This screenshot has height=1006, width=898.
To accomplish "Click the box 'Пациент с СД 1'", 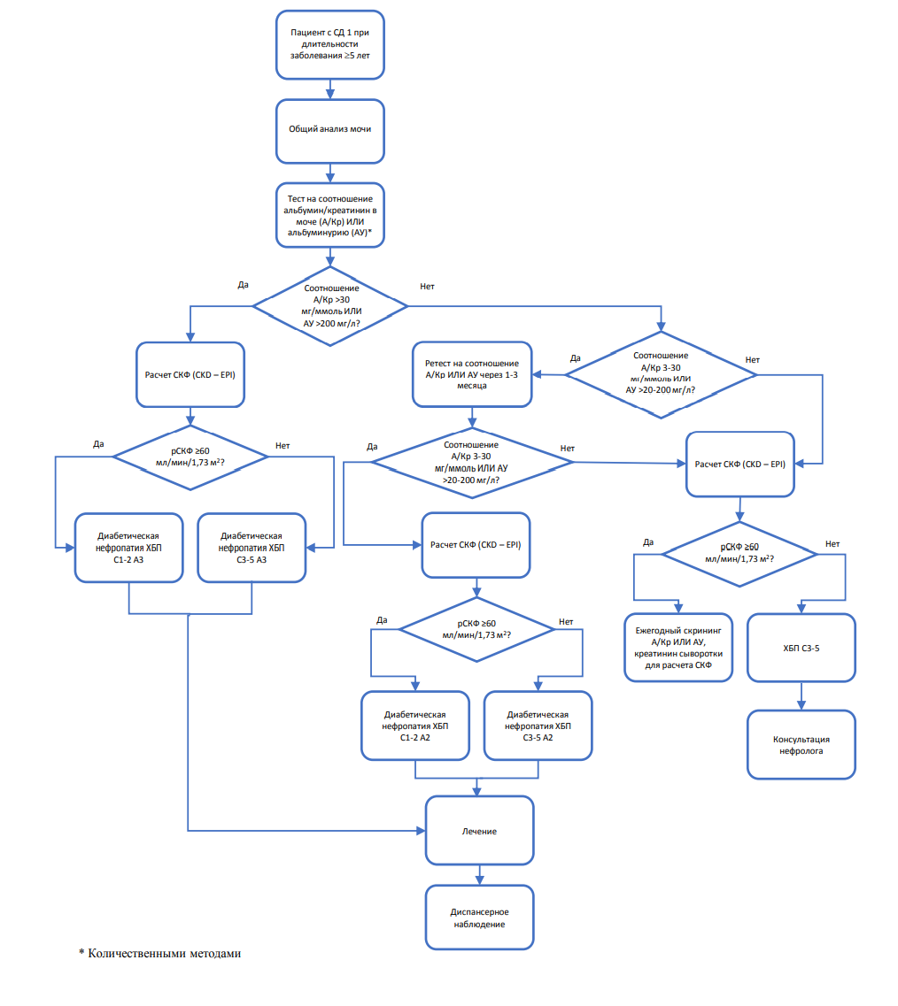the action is [x=330, y=45].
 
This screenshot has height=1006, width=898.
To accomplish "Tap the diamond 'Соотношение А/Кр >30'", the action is [x=330, y=306].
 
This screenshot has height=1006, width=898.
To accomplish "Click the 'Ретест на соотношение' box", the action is [x=472, y=374].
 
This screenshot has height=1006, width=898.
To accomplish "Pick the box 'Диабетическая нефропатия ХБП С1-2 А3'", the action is [x=129, y=548].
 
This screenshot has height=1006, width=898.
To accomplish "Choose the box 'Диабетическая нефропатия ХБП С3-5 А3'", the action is [x=252, y=548].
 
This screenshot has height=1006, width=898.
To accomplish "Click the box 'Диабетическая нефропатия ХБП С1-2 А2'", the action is [x=415, y=726].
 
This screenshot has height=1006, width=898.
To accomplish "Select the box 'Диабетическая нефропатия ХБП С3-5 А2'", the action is [x=538, y=726].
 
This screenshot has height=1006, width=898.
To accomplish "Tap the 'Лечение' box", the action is [x=480, y=831].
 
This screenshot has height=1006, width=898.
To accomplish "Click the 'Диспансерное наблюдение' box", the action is [x=480, y=918].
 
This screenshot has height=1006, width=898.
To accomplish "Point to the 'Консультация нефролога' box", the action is [x=801, y=745].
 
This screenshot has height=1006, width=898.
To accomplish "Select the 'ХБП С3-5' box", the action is [x=801, y=648].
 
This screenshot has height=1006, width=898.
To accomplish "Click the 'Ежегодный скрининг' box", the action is [x=679, y=648].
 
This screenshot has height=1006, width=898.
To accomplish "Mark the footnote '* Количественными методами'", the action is [x=160, y=954].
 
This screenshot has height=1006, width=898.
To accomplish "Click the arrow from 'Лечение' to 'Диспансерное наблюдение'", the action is [x=480, y=875].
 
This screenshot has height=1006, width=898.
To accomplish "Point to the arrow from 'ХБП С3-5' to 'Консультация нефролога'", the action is [x=801, y=695].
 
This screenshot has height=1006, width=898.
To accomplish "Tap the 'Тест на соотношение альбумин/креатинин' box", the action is [x=330, y=216].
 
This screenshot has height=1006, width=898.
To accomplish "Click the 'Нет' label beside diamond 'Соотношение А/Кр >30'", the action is [x=427, y=286].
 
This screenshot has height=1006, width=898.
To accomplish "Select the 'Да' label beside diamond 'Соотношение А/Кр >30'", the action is [x=244, y=285].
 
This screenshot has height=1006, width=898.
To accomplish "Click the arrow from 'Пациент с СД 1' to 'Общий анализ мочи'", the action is [x=330, y=89].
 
